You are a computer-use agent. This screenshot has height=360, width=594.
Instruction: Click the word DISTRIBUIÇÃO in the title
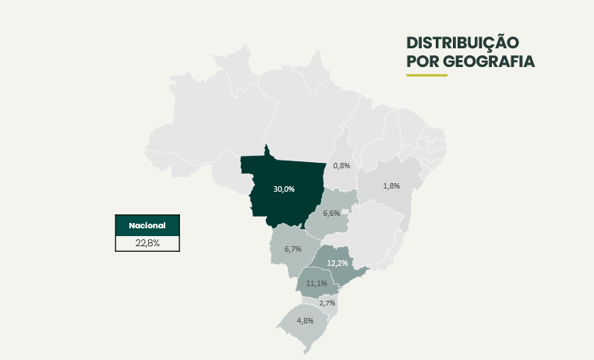click(x=463, y=42)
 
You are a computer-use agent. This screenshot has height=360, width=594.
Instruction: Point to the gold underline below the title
click(x=426, y=76)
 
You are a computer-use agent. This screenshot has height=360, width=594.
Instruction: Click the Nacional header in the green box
click(x=147, y=224)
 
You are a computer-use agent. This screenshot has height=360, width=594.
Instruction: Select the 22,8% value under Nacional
click(x=147, y=243)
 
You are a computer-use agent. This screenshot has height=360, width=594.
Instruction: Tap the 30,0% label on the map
click(x=284, y=189)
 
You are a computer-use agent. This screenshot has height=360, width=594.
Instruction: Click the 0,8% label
click(x=341, y=165)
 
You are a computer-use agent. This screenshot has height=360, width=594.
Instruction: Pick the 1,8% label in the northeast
click(x=391, y=185)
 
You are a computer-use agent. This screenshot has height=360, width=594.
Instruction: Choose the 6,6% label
click(x=331, y=213)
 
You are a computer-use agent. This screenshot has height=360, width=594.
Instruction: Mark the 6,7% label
click(x=293, y=249)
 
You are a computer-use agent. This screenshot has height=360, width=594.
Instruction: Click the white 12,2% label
click(x=338, y=263)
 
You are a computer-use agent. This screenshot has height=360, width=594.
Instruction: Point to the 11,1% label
click(x=316, y=283)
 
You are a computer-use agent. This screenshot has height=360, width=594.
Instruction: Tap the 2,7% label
click(x=327, y=302)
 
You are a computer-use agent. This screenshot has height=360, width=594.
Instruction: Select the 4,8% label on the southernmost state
click(x=305, y=320)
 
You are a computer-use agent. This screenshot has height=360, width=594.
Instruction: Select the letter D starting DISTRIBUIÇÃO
click(x=412, y=42)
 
